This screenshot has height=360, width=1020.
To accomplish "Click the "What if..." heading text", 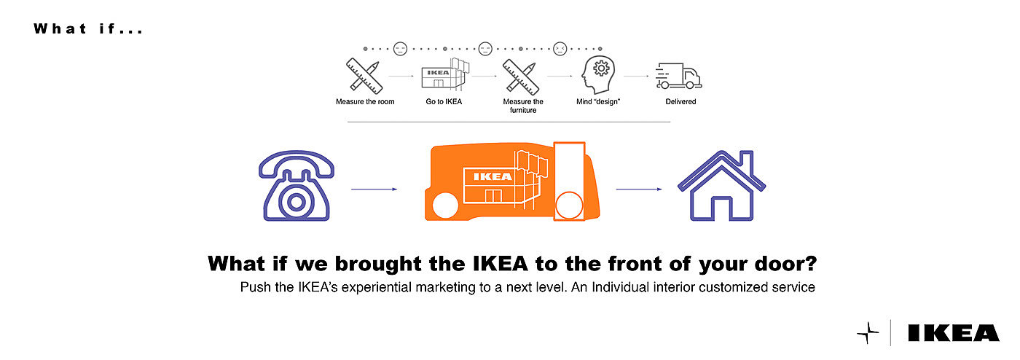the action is coord(88,29).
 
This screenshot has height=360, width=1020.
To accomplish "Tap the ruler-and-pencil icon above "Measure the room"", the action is coord(364,75).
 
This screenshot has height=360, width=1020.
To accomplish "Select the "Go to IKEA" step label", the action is coord(444,102).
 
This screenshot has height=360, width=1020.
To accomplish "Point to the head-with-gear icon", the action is coord(598,74).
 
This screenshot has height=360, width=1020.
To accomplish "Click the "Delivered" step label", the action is coord(680,102).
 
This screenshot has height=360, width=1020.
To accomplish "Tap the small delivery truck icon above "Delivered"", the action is coord(678,75).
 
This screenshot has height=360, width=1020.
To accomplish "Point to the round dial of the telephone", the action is coord(296,201).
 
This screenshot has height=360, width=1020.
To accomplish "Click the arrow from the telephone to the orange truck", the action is coord(374,189).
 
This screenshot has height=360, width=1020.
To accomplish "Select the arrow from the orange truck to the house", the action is coord(639,189).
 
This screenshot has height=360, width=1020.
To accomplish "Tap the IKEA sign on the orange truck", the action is coord(493,176).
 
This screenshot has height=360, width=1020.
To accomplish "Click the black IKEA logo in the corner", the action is coord(953,334).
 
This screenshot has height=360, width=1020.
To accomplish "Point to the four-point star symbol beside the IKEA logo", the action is coord(868,333).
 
